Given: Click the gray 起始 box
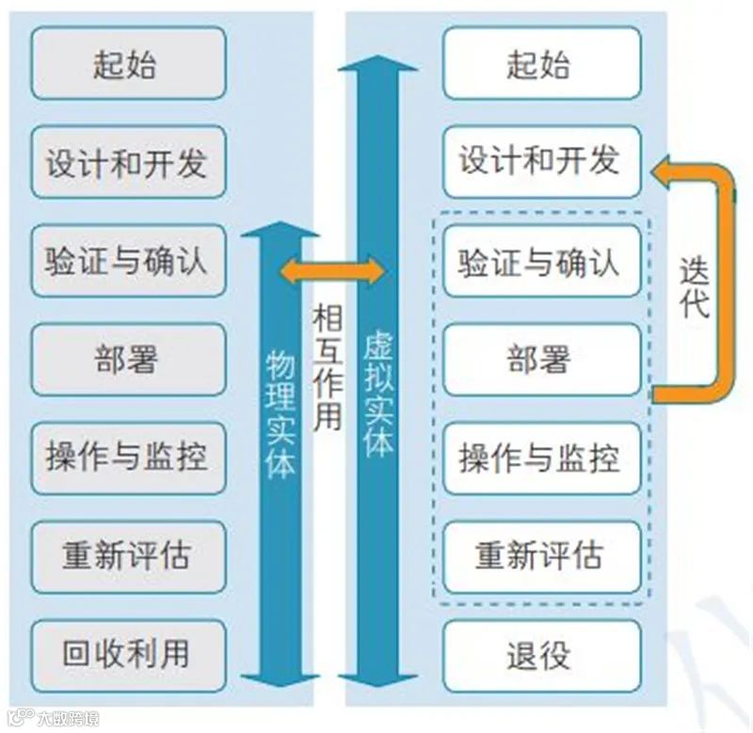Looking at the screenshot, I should click(128, 64).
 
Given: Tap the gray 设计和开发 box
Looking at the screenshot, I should click(128, 163).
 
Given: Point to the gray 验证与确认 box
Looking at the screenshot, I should click(128, 261).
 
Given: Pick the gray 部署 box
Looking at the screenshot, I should click(128, 359).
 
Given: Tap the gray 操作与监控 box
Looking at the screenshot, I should click(128, 458).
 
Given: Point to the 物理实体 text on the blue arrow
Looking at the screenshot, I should click(280, 414).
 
